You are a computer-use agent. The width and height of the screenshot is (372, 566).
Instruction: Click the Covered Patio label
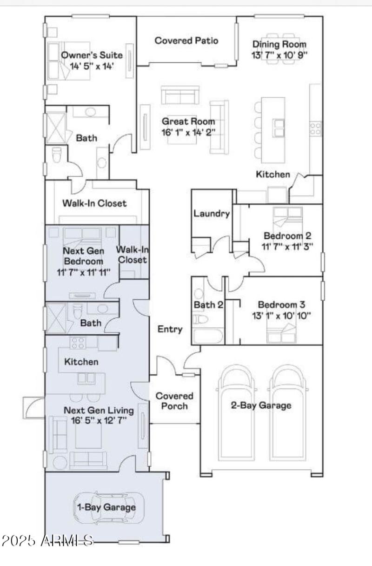[186, 40]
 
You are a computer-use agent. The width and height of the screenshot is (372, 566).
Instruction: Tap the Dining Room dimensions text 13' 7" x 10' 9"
[279, 55]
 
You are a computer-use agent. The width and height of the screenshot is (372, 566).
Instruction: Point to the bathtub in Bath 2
[207, 336]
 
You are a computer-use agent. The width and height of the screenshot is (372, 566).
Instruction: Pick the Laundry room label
[212, 214]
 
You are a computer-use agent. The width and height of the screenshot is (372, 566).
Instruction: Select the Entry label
[170, 329]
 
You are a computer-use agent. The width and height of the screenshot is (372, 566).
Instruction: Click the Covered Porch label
[174, 401]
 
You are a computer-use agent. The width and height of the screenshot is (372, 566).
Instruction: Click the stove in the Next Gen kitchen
[77, 343]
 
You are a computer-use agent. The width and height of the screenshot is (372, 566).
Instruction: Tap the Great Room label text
[188, 121]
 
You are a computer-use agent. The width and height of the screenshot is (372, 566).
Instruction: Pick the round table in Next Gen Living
[59, 463]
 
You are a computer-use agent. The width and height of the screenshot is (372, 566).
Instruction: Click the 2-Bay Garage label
[261, 405]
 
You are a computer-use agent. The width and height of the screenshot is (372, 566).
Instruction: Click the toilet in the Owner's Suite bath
[57, 155]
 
